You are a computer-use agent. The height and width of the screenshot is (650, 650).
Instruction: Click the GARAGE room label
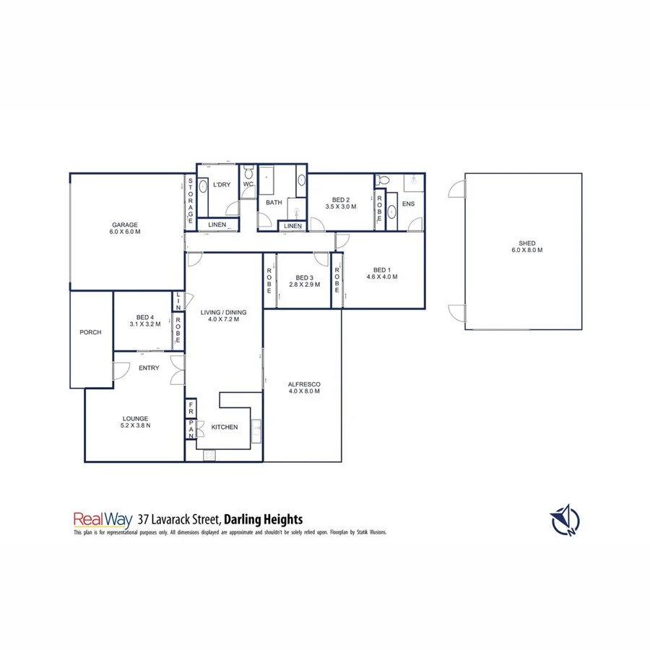[x=124, y=225]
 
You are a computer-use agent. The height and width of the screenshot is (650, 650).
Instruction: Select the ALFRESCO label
[x=304, y=383]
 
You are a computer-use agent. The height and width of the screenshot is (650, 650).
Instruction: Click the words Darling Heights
[x=263, y=519]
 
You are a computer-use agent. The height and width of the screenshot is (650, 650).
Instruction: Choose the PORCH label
[x=90, y=332]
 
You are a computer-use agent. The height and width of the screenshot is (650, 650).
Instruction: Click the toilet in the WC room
[x=248, y=173]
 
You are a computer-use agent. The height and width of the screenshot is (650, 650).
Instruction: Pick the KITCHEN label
[x=225, y=427]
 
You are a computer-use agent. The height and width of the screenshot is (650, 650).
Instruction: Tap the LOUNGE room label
[x=135, y=418]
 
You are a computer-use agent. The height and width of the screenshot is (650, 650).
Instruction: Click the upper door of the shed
[x=456, y=189]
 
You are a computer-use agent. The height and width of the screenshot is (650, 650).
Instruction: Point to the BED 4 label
[x=145, y=317]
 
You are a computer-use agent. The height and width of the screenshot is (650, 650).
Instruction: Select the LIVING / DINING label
[x=224, y=312]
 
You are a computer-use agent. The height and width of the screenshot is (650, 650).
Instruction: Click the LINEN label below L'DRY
[x=217, y=225]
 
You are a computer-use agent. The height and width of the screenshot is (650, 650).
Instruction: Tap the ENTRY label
[x=149, y=368]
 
